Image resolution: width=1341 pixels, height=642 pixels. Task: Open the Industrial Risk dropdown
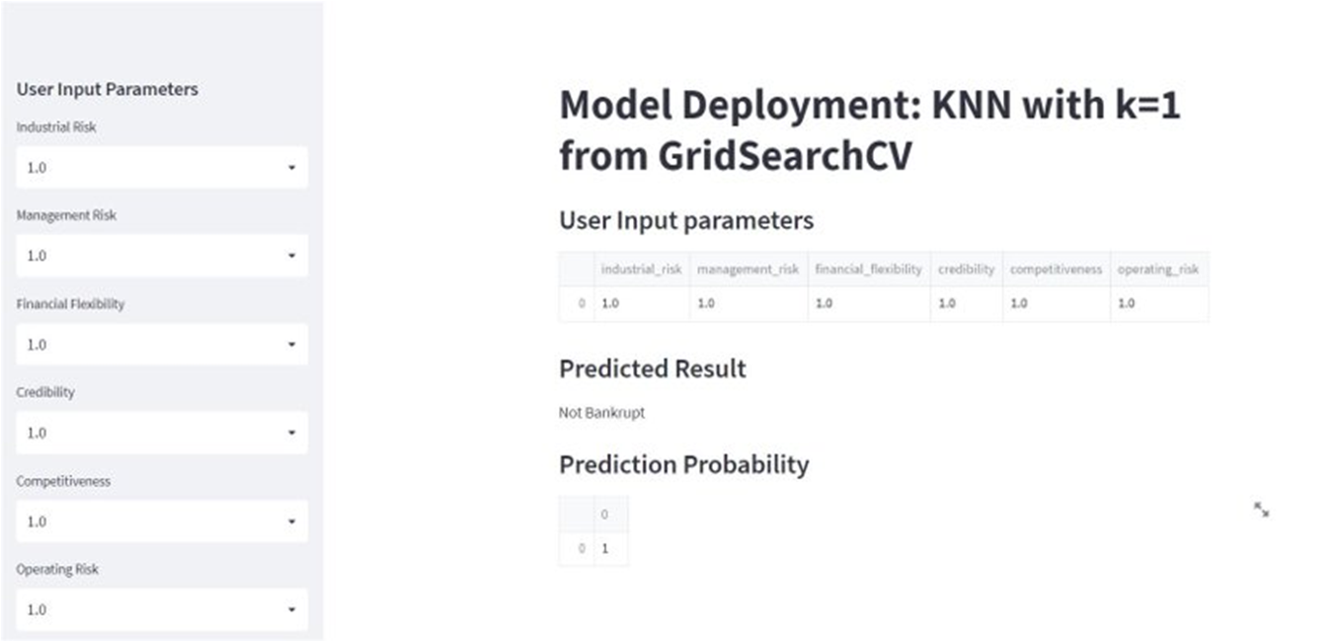162,168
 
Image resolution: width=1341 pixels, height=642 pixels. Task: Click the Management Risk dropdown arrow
291,256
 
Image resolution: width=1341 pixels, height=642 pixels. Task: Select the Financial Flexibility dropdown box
162,345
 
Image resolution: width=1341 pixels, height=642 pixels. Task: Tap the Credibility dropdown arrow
291,433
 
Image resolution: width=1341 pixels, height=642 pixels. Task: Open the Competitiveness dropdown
162,522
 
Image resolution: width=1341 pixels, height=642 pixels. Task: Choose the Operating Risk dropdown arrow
291,609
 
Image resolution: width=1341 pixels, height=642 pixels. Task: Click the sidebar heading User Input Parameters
108,89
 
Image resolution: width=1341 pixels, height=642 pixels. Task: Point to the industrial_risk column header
641,270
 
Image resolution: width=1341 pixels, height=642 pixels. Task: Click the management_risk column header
748,270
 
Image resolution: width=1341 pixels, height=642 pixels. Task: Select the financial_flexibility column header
868,270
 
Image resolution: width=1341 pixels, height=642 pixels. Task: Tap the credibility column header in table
966,270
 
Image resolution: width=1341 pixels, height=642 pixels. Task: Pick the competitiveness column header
1056,270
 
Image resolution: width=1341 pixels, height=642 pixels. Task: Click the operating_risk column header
1159,270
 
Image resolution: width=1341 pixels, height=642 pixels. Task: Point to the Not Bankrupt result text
601,413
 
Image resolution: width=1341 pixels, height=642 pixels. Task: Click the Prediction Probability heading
683,464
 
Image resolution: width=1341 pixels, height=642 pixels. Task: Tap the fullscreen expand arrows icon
1261,510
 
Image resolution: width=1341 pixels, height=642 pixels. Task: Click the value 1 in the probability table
605,548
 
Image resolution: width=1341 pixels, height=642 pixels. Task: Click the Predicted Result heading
652,369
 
